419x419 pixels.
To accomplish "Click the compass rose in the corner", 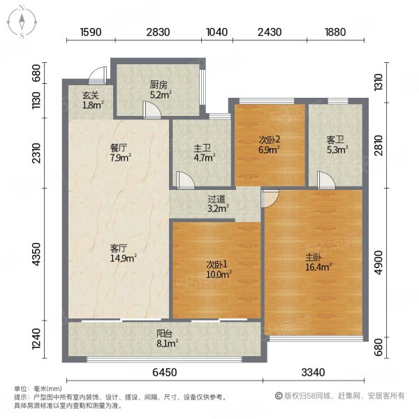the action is click(22, 22).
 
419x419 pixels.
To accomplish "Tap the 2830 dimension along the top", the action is click(158, 32).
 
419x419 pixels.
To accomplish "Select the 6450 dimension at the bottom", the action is click(165, 372).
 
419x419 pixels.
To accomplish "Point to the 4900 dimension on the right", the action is click(378, 263).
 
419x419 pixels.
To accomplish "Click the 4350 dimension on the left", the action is click(36, 254).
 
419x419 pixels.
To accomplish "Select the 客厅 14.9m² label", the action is click(124, 253).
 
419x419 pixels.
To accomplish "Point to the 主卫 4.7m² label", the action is click(205, 152).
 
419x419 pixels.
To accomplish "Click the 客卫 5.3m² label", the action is click(337, 145).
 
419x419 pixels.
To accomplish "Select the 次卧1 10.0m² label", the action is click(219, 270).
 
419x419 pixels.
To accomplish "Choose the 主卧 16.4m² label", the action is click(318, 262).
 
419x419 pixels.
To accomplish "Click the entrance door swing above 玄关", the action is click(98, 75).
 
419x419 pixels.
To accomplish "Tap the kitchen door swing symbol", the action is click(152, 110).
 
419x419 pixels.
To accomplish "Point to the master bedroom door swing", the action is click(270, 198).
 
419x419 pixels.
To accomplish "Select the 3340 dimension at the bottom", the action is click(313, 372).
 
